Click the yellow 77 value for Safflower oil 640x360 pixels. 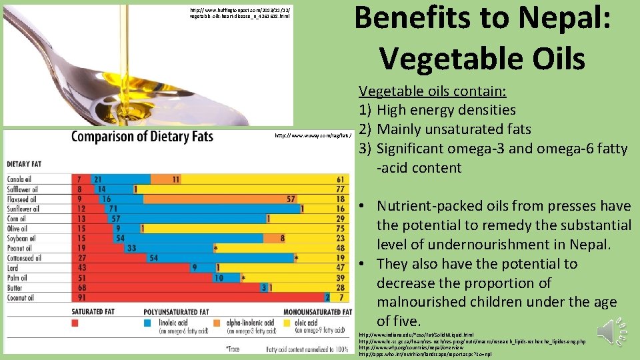pos(341,189)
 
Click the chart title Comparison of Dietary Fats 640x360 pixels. pos(142,137)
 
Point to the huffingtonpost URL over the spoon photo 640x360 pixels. pos(240,13)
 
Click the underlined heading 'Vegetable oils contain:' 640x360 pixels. pos(433,91)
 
